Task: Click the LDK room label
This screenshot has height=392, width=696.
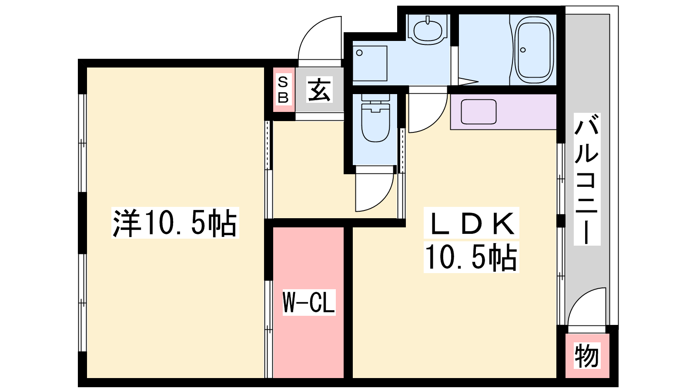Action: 472,224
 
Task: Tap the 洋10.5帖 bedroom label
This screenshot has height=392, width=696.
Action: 175,223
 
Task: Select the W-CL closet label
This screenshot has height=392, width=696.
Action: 309,302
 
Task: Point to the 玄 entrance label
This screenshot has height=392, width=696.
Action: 319,90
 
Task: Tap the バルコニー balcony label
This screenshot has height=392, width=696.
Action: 587,179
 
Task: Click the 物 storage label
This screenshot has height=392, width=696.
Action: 587,355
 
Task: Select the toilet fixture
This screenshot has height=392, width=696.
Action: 375,118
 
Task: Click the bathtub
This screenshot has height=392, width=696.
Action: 534,50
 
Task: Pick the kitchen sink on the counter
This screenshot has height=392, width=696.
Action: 478,112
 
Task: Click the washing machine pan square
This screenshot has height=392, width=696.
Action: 370,64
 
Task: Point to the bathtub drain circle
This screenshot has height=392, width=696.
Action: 522,50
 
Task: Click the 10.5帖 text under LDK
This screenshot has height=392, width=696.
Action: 471,257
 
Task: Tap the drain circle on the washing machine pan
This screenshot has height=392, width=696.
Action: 359,53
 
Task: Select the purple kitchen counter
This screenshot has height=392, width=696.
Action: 503,112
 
